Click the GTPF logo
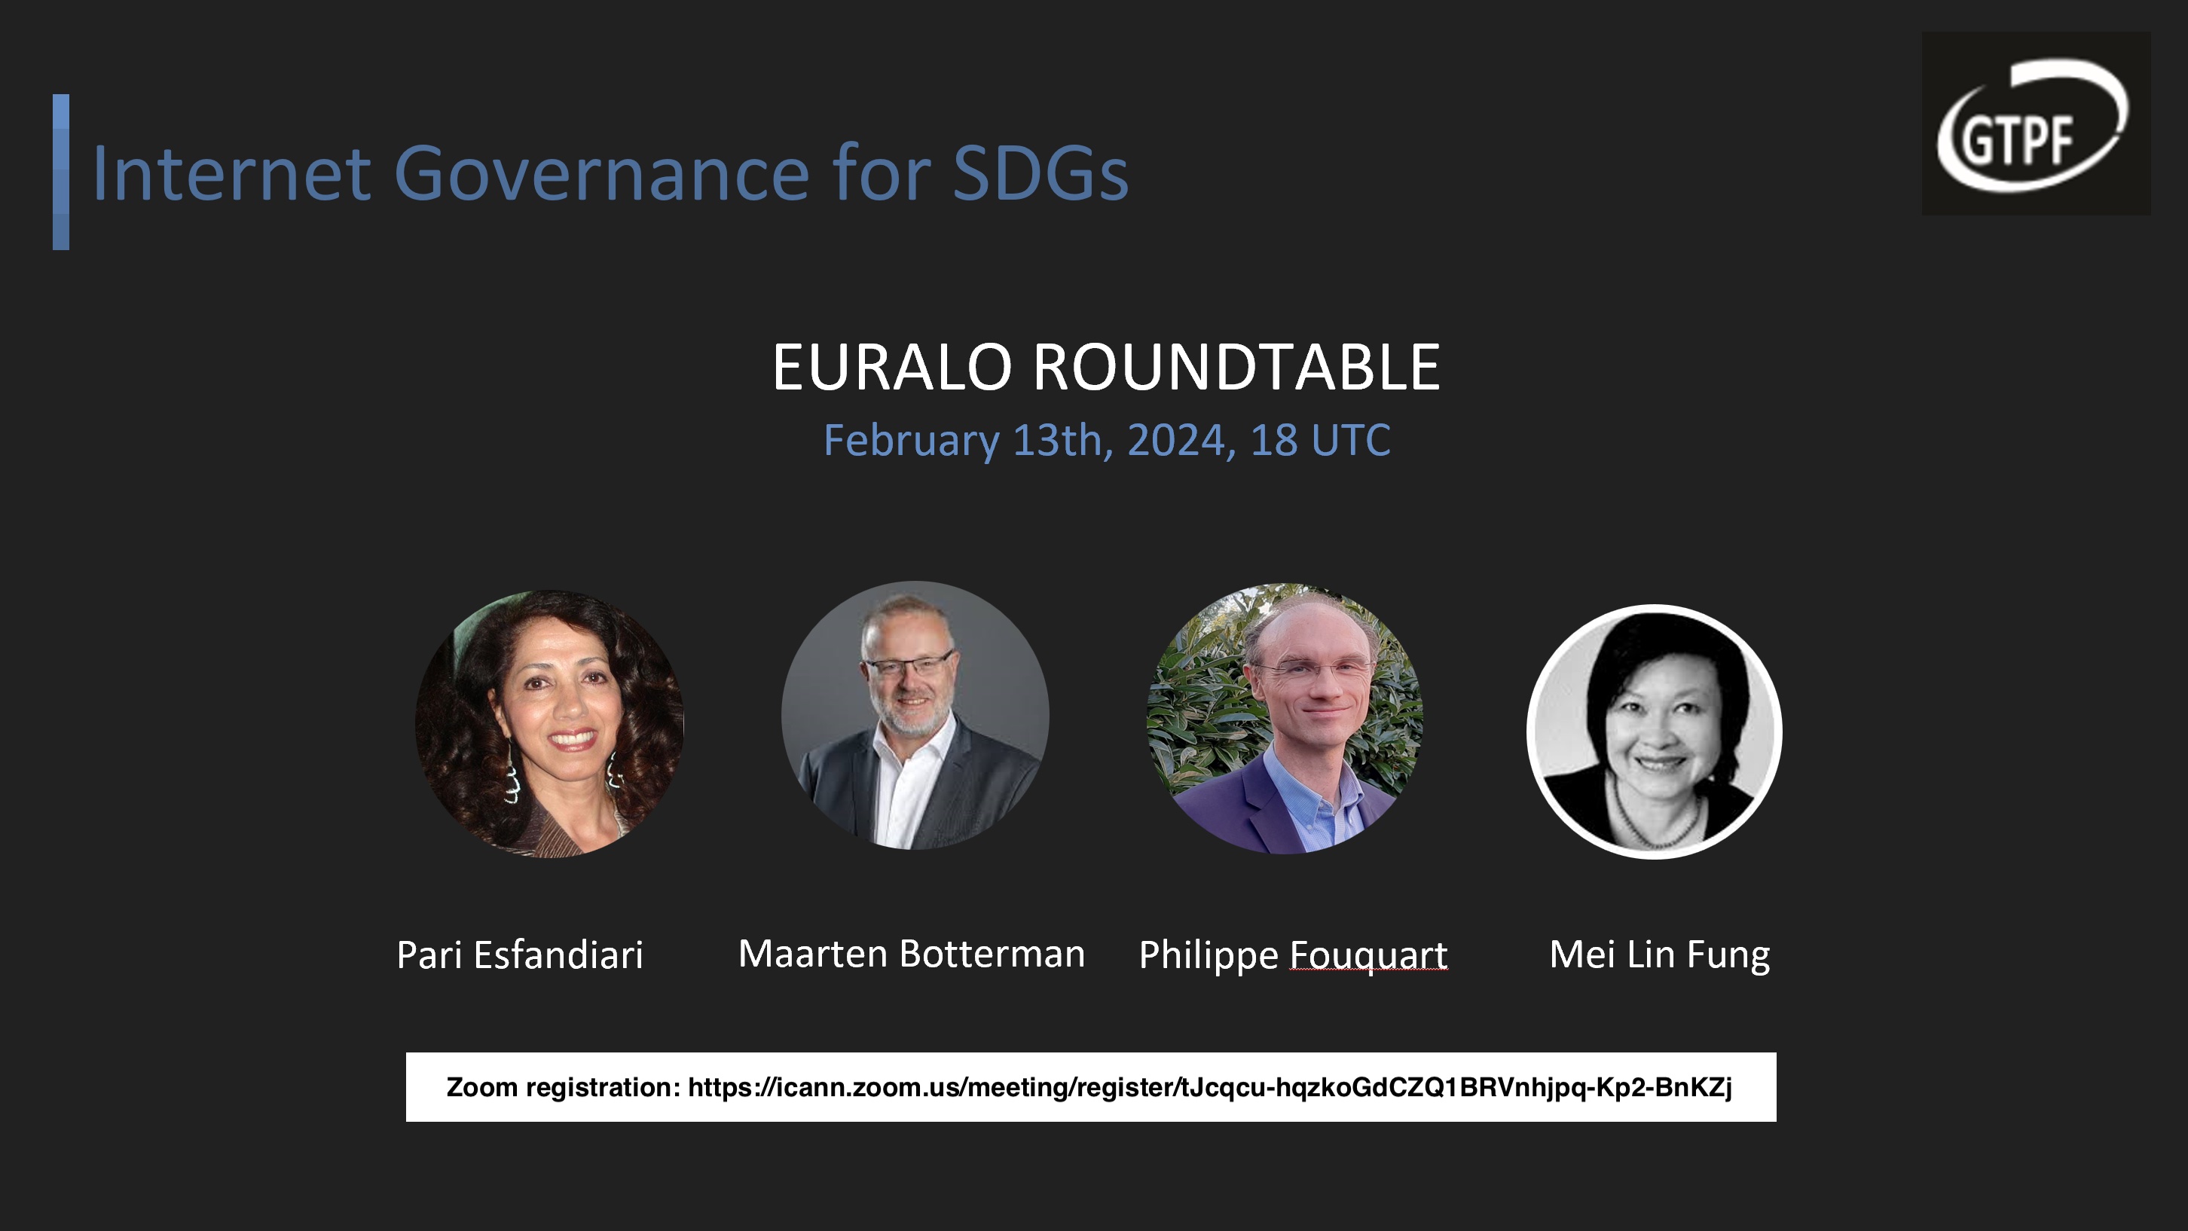tap(2036, 124)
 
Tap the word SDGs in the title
tap(1041, 173)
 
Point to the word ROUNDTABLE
tap(1236, 367)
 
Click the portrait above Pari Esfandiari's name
tap(549, 724)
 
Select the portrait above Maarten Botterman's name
tap(915, 716)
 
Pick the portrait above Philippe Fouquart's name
tap(1285, 719)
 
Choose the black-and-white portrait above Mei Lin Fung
tap(1655, 732)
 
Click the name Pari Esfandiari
tap(520, 955)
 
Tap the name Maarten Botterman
tap(912, 954)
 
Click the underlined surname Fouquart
tap(1368, 957)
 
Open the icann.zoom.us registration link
tap(1209, 1087)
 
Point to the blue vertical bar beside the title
tap(61, 172)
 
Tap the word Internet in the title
tap(231, 173)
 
